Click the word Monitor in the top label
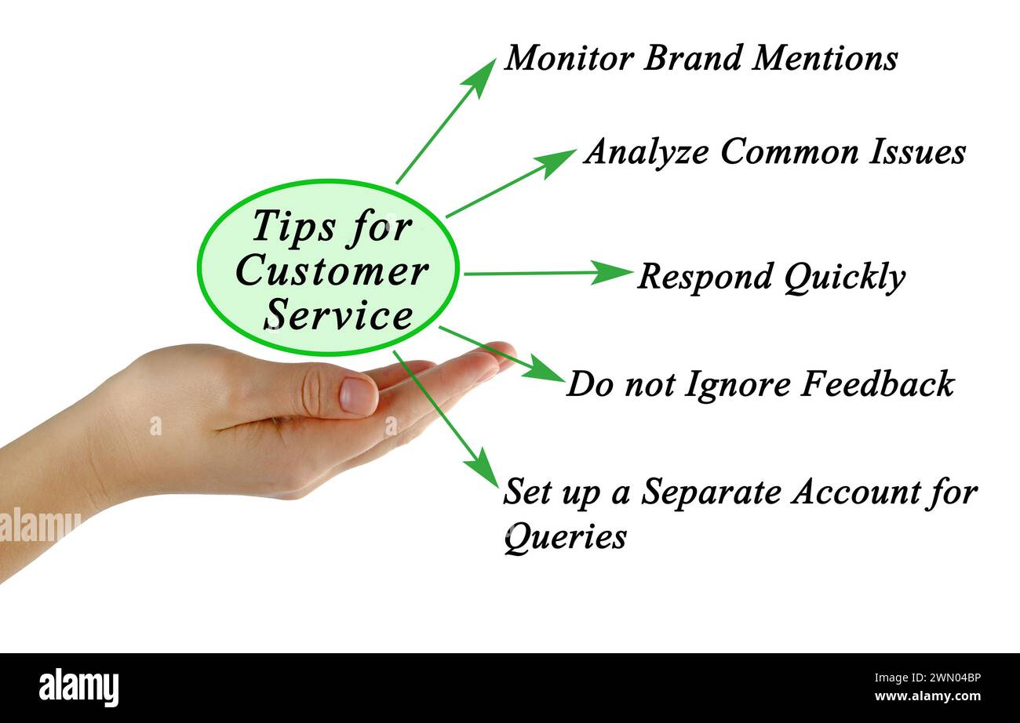[x=568, y=59]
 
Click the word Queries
[x=564, y=538]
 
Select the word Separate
[x=711, y=492]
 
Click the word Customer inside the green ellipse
[x=331, y=272]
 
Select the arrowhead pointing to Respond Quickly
[x=613, y=272]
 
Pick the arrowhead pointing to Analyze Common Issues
[x=556, y=159]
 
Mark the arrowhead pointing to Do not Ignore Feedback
[x=546, y=370]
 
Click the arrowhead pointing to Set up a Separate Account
[x=484, y=470]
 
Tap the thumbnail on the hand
[x=358, y=395]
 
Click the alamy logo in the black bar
[x=78, y=688]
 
